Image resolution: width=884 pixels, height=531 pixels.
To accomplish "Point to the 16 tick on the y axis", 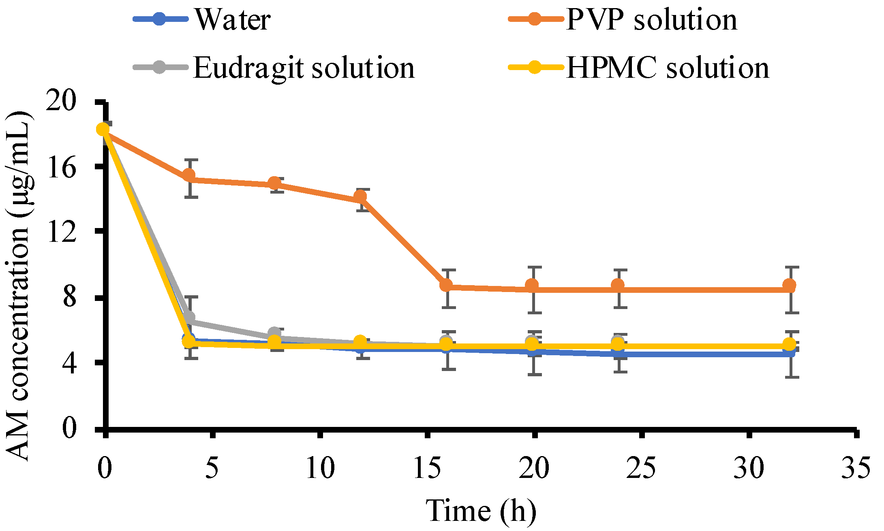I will pyautogui.click(x=61, y=167).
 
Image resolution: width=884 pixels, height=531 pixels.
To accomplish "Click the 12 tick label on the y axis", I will pyautogui.click(x=61, y=232).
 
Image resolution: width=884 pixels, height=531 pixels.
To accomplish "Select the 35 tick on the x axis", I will pyautogui.click(x=855, y=468).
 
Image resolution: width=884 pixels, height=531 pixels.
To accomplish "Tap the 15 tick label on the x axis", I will pyautogui.click(x=427, y=468).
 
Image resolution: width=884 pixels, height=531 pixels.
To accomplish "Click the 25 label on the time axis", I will pyautogui.click(x=641, y=468).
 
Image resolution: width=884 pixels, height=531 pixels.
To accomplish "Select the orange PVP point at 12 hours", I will pyautogui.click(x=360, y=197).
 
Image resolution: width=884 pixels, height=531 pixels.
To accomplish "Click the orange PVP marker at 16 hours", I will pyautogui.click(x=446, y=285).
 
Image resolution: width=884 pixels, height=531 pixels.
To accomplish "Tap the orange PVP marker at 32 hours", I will pyautogui.click(x=789, y=286).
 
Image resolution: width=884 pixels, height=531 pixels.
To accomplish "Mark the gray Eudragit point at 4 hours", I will pyautogui.click(x=189, y=317).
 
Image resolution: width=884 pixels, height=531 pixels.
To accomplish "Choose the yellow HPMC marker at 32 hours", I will pyautogui.click(x=789, y=345).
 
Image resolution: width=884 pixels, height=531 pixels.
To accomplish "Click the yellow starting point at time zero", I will pyautogui.click(x=103, y=129).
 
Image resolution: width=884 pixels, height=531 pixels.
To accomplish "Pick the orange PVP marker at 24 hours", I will pyautogui.click(x=617, y=285).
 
